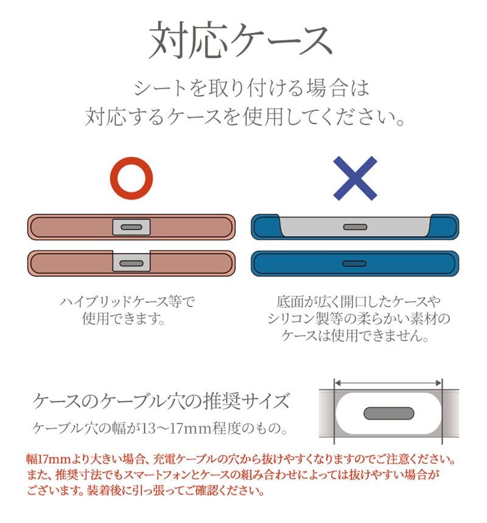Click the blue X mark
point(355,178)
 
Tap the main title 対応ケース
point(240,40)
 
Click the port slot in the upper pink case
point(131,227)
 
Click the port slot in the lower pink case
point(131,263)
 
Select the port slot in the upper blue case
point(355,227)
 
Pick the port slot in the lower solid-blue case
point(354,263)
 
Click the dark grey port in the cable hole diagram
point(389,414)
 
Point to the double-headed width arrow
point(388,383)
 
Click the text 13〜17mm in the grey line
point(177,428)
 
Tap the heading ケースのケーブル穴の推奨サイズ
point(161,401)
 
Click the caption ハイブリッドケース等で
point(127,302)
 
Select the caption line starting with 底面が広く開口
point(359,302)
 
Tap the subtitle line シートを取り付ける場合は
point(251,88)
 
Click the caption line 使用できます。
point(124,319)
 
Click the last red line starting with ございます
point(145,490)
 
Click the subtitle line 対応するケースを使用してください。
point(245,117)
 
